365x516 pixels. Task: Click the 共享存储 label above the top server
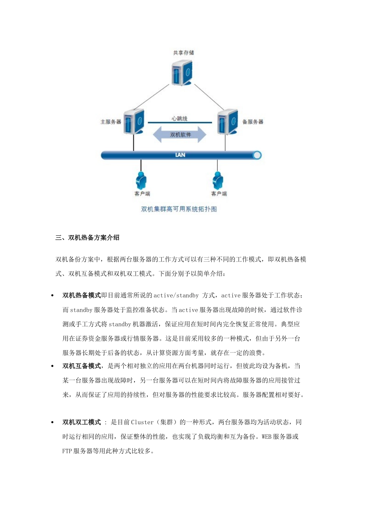click(x=183, y=53)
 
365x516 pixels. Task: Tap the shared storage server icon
click(x=182, y=73)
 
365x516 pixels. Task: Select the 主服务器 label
click(x=111, y=122)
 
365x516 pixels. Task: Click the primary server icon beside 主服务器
click(x=134, y=122)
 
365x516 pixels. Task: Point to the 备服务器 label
click(x=252, y=122)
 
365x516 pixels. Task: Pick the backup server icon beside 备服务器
click(x=227, y=122)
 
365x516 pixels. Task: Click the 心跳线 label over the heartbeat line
click(x=179, y=119)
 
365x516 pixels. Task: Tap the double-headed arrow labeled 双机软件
click(x=180, y=135)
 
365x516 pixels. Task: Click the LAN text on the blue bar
click(x=180, y=155)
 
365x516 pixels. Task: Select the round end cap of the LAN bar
click(x=257, y=155)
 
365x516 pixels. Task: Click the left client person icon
click(x=141, y=180)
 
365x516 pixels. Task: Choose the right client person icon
click(x=218, y=180)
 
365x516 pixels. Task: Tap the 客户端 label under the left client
click(x=142, y=193)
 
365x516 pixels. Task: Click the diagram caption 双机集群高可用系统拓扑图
click(x=179, y=209)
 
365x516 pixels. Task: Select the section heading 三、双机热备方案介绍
click(x=87, y=238)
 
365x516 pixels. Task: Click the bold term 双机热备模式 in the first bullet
click(x=81, y=295)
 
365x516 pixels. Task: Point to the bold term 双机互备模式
click(x=81, y=366)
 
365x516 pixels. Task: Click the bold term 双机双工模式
click(x=81, y=422)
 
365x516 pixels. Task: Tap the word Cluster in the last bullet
click(x=142, y=422)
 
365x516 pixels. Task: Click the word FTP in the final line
click(x=67, y=451)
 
